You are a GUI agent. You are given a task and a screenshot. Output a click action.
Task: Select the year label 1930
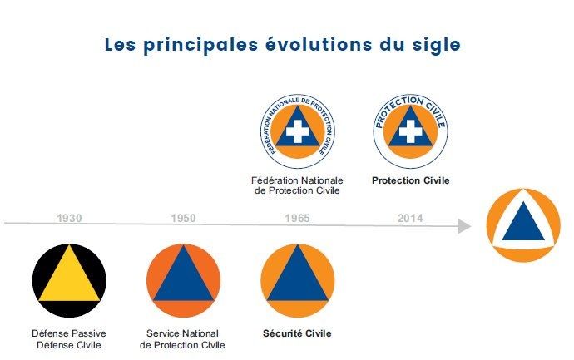(69, 219)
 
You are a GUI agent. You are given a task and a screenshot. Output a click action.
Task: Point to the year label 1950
(183, 219)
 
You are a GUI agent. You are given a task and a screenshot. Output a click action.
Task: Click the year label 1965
(297, 219)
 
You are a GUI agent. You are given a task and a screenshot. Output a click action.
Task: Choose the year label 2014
(410, 219)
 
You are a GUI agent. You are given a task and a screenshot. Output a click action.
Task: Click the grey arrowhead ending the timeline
(464, 226)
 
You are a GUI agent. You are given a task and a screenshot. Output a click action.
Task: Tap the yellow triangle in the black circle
(69, 274)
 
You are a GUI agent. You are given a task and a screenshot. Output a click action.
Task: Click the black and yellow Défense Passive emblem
(69, 281)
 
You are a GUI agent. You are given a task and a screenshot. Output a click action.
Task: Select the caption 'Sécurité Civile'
(297, 333)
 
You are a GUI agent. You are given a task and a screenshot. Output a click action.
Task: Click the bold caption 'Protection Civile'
(411, 180)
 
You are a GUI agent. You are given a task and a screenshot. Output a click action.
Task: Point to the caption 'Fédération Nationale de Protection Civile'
(297, 185)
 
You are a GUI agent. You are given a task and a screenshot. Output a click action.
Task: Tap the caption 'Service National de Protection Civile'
(182, 339)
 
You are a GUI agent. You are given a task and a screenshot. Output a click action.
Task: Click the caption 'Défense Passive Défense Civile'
(69, 339)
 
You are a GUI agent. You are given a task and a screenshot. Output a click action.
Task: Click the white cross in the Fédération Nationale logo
(298, 131)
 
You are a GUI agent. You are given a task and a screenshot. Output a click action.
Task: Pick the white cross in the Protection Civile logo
(410, 131)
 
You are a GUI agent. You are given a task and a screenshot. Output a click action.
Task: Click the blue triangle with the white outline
(523, 224)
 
